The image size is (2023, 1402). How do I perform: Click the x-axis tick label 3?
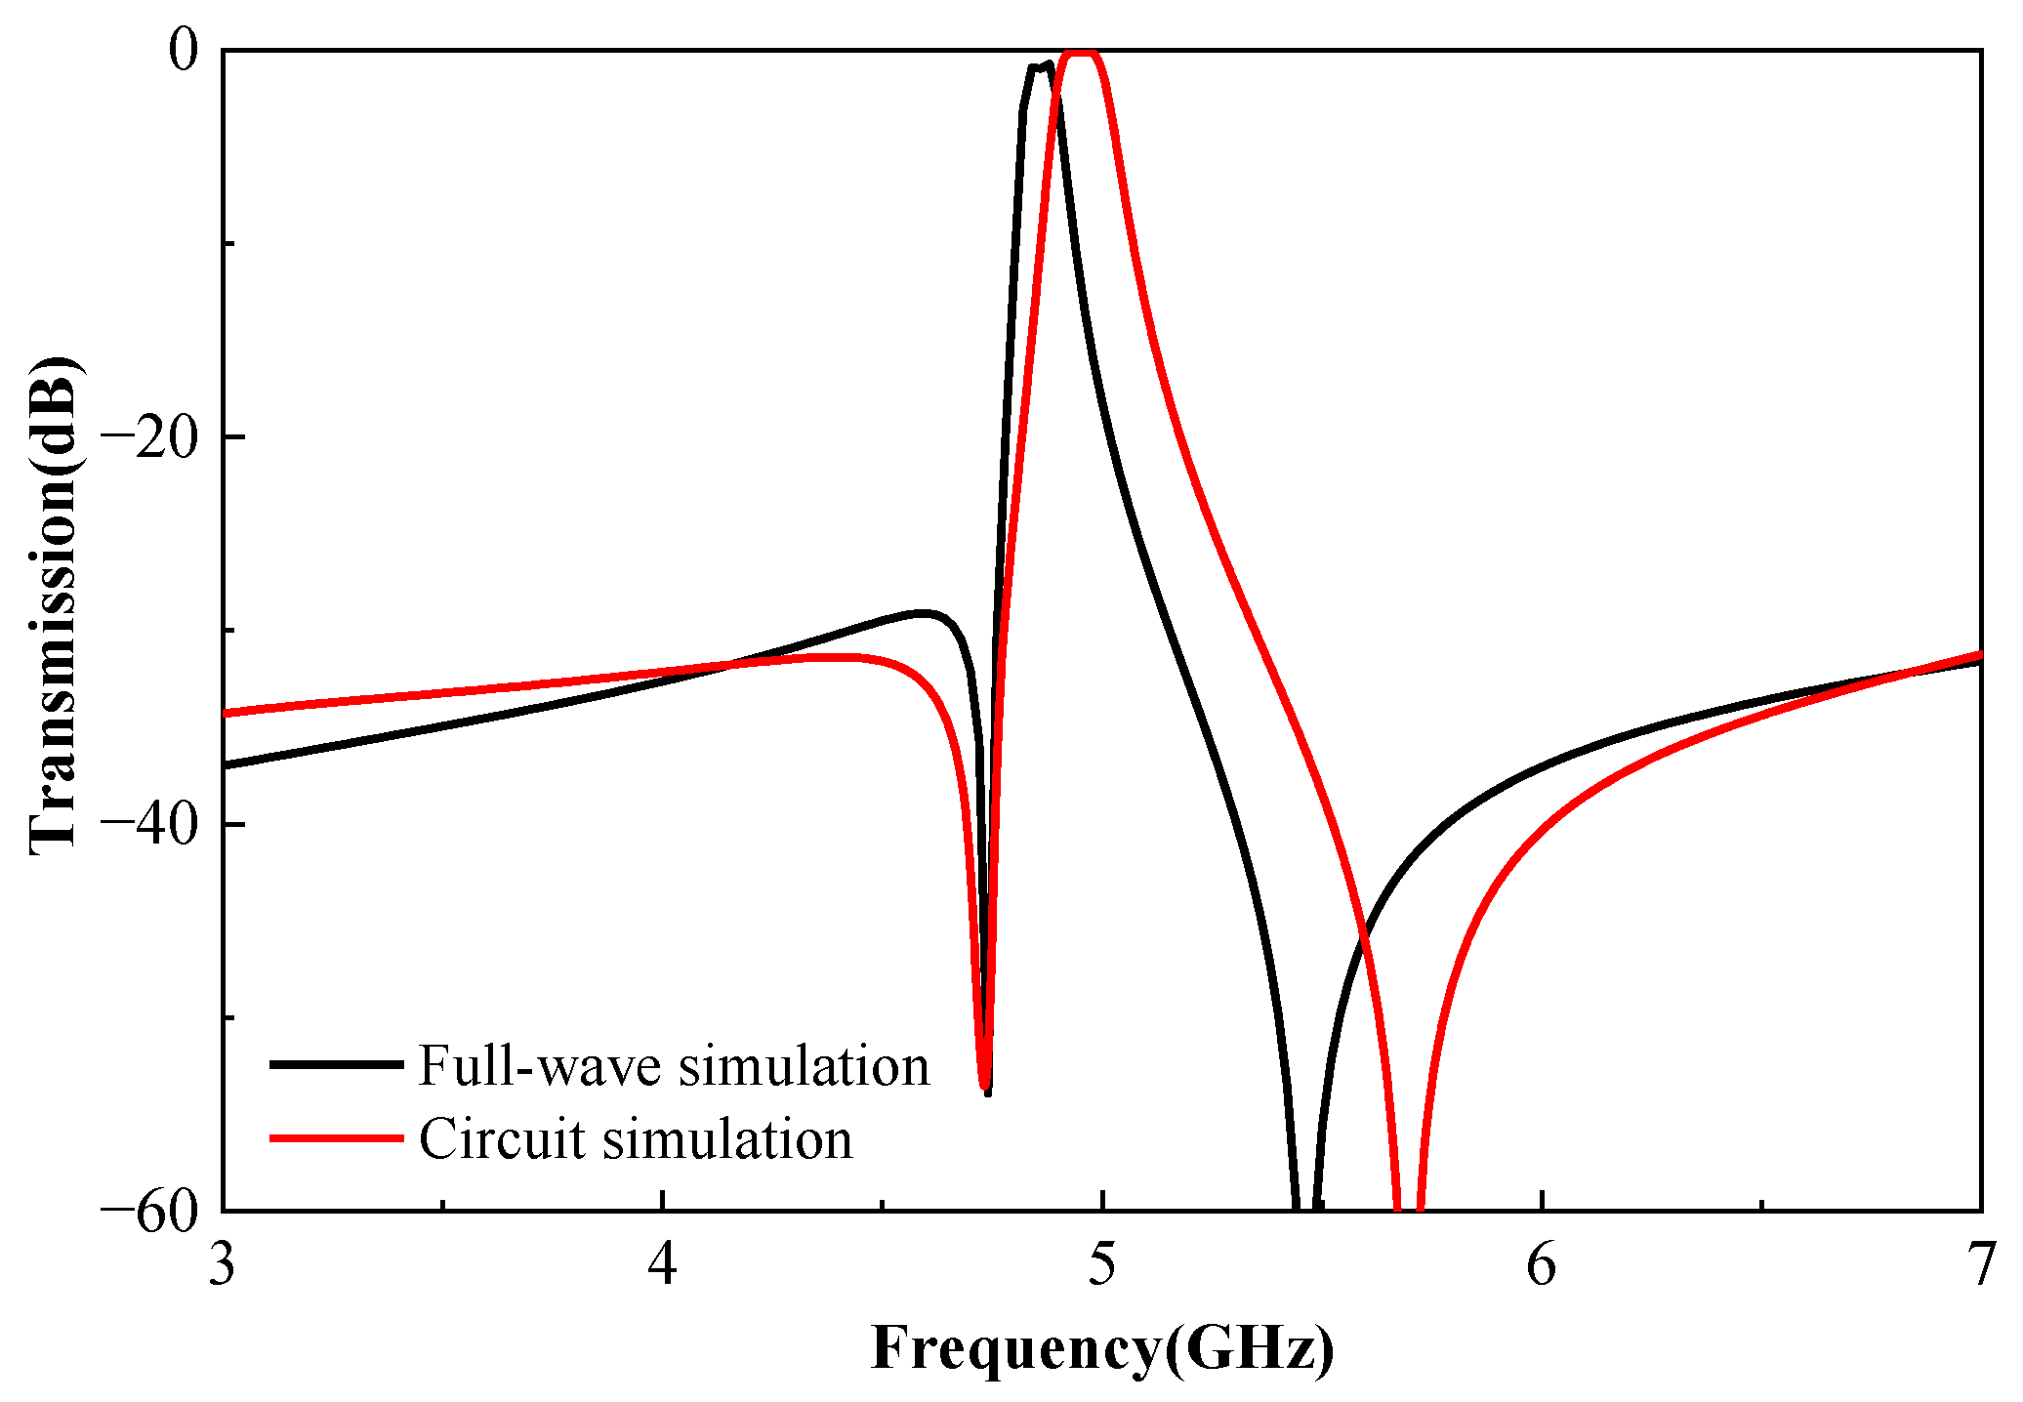[223, 1266]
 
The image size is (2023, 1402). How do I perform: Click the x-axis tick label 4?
[662, 1266]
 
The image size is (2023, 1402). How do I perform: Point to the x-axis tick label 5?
[1101, 1266]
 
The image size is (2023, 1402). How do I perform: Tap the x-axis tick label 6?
[1541, 1266]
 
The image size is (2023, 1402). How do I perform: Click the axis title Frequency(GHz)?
[1101, 1348]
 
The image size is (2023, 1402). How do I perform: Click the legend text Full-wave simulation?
[674, 1065]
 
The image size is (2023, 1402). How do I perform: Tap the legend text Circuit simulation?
[636, 1138]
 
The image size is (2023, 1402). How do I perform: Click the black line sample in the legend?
[336, 1064]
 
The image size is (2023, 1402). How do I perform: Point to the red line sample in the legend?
[336, 1137]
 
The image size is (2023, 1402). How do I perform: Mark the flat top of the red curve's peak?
[1081, 52]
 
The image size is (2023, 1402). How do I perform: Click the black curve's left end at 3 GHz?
[226, 764]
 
